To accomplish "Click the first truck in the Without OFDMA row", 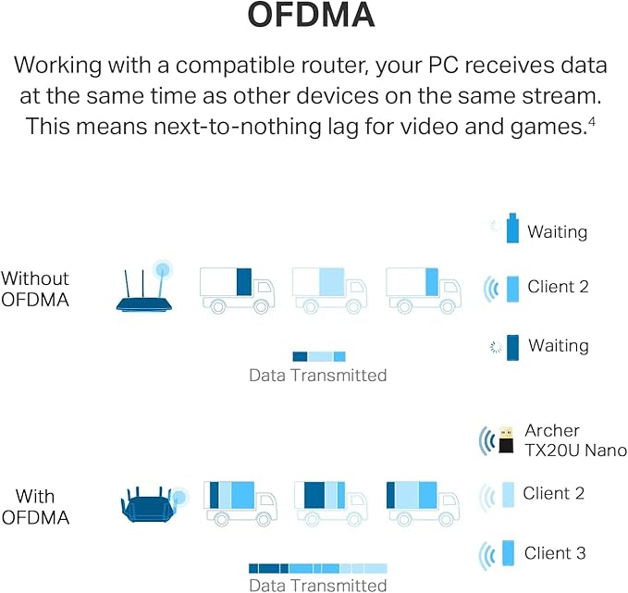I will [237, 288].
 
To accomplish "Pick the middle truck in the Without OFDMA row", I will [328, 288].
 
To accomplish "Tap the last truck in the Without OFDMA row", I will [421, 288].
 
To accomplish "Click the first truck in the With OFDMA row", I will [238, 502].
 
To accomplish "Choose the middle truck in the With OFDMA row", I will [330, 502].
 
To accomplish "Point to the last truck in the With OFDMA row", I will [423, 502].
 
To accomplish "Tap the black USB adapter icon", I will [505, 440].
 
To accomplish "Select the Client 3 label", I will [555, 553].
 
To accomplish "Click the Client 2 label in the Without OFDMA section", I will [558, 287].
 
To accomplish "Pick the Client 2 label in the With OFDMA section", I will [553, 493].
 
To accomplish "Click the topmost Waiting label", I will [557, 231].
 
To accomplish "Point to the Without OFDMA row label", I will [34, 289].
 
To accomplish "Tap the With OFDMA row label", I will [35, 507].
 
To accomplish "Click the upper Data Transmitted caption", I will [317, 376].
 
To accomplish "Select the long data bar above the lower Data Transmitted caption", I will [317, 568].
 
